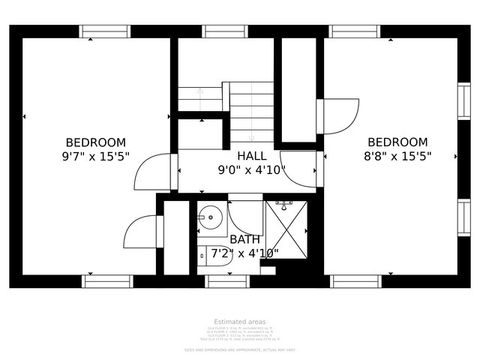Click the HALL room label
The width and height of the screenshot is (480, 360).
pyautogui.click(x=251, y=156)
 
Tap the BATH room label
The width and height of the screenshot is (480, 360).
pyautogui.click(x=245, y=240)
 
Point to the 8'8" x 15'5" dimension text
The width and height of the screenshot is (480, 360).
pyautogui.click(x=398, y=156)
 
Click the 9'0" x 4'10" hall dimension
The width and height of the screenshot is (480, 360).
pyautogui.click(x=252, y=170)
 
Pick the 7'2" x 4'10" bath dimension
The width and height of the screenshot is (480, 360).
pyautogui.click(x=243, y=254)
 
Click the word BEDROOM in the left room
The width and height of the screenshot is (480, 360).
pyautogui.click(x=96, y=142)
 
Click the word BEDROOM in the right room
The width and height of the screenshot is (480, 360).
pyautogui.click(x=398, y=142)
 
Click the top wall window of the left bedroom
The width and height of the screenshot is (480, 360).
pyautogui.click(x=105, y=31)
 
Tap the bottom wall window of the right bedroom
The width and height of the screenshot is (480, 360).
pyautogui.click(x=355, y=281)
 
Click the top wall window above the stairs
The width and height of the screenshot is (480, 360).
pyautogui.click(x=225, y=31)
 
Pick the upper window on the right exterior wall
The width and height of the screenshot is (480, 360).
pyautogui.click(x=463, y=100)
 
